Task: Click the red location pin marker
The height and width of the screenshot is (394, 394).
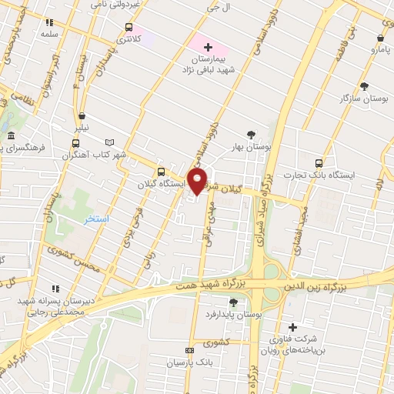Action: point(198,181)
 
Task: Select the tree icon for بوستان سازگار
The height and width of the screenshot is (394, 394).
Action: point(363,86)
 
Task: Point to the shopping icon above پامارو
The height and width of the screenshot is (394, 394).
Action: point(381,37)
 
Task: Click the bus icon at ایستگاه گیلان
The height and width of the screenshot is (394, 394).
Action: point(161,172)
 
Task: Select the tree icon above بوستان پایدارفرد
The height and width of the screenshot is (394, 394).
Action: point(233,302)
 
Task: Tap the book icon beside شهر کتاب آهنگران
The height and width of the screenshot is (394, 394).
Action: point(109,142)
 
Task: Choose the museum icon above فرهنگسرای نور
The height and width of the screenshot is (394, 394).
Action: point(10,136)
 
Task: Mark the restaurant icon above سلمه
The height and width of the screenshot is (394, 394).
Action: point(50,23)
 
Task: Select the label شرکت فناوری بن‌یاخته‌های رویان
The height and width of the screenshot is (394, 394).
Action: point(292,344)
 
